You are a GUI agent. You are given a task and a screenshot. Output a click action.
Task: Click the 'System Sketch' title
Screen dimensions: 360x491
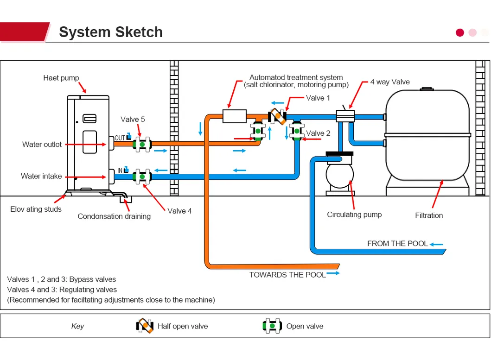coord(111,32)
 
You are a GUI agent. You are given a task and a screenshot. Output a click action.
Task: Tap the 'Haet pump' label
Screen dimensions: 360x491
coord(61,78)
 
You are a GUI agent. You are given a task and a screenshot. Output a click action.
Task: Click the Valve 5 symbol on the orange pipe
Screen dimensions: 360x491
coord(142,144)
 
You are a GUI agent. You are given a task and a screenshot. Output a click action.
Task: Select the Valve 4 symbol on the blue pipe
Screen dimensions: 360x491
coord(142,177)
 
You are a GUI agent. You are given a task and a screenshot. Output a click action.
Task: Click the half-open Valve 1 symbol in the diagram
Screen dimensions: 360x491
coord(278,116)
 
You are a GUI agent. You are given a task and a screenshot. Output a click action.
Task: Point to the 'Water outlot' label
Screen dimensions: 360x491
coord(42,145)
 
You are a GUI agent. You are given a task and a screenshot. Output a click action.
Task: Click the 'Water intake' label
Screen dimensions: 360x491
coord(41,176)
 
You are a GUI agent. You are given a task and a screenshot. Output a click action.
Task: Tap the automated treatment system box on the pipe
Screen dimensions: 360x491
coord(234,116)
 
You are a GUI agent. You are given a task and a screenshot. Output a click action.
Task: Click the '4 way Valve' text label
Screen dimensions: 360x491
coord(389,82)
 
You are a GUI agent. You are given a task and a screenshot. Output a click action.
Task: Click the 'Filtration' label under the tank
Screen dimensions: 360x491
coord(428,215)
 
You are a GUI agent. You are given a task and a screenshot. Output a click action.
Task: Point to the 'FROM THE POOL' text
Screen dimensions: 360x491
coord(397,244)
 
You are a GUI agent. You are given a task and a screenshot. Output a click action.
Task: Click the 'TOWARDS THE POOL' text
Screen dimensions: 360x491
coord(287,275)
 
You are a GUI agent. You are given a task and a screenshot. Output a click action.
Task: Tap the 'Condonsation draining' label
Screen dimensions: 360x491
coord(114,216)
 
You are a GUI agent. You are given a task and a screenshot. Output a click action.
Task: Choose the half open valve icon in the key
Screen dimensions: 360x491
coord(145,326)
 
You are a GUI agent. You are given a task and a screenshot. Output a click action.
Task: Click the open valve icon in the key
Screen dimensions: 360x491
coord(272,326)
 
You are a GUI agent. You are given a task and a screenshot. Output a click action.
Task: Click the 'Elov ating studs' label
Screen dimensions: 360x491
coord(36,209)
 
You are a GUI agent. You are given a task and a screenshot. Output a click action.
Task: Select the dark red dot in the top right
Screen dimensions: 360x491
coord(460,32)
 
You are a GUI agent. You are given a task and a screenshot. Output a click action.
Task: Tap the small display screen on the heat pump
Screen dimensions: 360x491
coord(89,119)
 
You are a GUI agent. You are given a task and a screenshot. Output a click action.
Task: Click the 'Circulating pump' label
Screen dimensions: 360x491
coord(354,215)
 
